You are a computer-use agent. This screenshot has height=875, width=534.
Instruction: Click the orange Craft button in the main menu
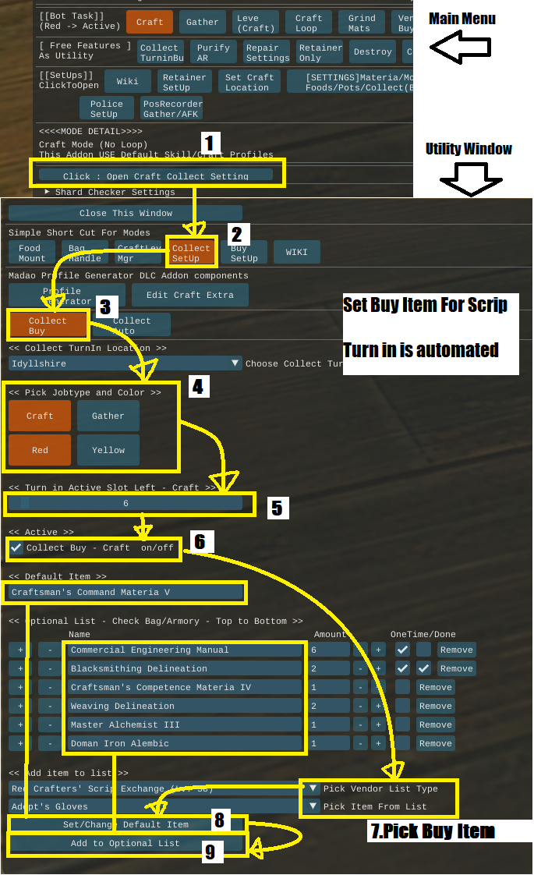pyautogui.click(x=150, y=22)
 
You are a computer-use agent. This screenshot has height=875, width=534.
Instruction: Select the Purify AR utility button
pyautogui.click(x=214, y=52)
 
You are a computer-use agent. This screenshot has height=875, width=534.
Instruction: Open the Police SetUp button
pyautogui.click(x=107, y=108)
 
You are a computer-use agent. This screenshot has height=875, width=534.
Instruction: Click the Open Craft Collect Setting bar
pyautogui.click(x=156, y=175)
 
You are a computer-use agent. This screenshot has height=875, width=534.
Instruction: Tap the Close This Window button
pyautogui.click(x=126, y=213)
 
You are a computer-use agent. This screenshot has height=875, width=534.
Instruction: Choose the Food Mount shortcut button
pyautogui.click(x=32, y=253)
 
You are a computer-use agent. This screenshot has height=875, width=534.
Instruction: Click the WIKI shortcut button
pyautogui.click(x=297, y=253)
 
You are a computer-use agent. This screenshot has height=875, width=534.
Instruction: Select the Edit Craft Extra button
pyautogui.click(x=189, y=294)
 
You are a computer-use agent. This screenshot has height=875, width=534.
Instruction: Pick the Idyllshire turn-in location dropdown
pyautogui.click(x=126, y=363)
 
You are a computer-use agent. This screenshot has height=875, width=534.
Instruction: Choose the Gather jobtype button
pyautogui.click(x=108, y=416)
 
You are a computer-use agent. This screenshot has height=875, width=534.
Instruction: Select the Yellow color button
pyautogui.click(x=108, y=450)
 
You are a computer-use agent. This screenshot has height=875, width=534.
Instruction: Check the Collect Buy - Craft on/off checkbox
pyautogui.click(x=16, y=548)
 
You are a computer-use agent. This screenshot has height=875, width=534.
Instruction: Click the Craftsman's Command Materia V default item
pyautogui.click(x=125, y=593)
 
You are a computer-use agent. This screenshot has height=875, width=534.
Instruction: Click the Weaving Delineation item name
pyautogui.click(x=185, y=706)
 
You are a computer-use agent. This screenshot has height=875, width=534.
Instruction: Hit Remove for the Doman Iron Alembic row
pyautogui.click(x=435, y=743)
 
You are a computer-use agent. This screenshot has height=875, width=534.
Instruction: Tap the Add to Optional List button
pyautogui.click(x=126, y=843)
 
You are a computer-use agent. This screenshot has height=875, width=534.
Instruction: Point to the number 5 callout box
pyautogui.click(x=278, y=508)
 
